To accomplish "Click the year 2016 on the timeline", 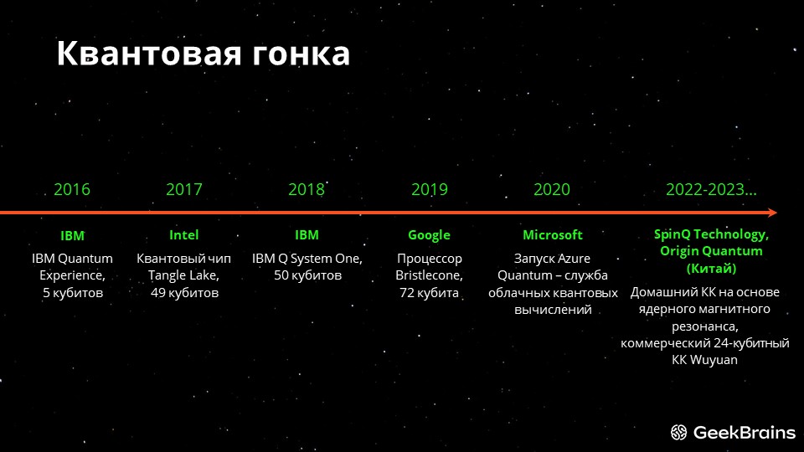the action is pos(72,190).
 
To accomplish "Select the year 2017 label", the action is pos(184,190).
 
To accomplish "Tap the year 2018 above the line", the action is pos(307,190).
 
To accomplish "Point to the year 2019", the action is pos(429,190).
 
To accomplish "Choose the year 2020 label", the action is pos(552,190).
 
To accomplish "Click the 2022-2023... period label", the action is pos(711,190).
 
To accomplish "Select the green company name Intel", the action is pos(184,234).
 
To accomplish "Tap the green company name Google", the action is pos(429,235).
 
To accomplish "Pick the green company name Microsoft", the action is pos(553,234).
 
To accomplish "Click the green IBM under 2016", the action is pos(72,236).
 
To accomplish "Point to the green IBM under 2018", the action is pos(307,234).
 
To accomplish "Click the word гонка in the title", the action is pos(301,54).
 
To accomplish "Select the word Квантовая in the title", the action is pos(149,54).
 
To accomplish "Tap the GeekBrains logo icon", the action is pos(679,433).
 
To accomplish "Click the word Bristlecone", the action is pos(429,275).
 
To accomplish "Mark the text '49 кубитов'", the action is pos(184,293).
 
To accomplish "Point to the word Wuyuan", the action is pos(714,360).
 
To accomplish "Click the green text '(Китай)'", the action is pos(711,269).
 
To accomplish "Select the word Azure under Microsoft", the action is pos(573,259).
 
